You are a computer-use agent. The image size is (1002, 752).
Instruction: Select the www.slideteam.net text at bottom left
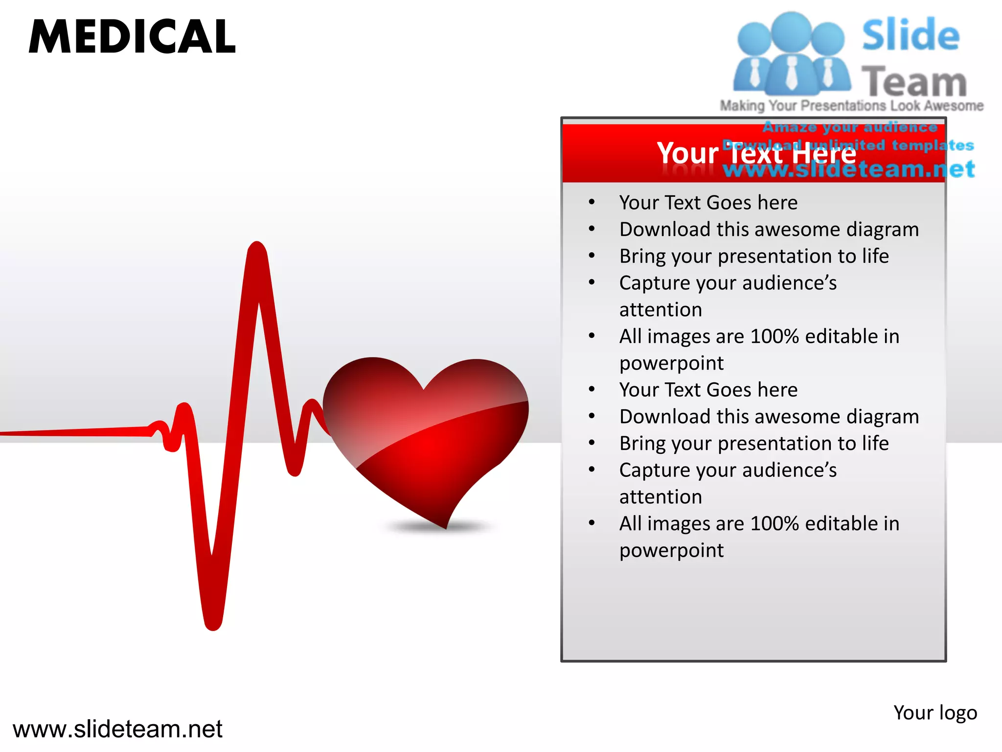(x=117, y=729)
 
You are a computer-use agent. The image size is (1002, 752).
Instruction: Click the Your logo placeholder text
(x=935, y=713)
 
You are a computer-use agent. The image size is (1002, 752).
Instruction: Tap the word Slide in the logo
(x=911, y=35)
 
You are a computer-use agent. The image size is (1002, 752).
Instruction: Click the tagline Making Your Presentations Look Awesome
(x=851, y=106)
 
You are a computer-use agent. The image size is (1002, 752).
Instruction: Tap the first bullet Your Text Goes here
(x=708, y=203)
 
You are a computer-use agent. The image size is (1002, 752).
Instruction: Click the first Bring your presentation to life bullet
(x=753, y=256)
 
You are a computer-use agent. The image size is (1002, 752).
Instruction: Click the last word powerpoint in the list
(x=671, y=551)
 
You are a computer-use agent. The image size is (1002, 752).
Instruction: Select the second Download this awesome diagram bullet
(x=769, y=417)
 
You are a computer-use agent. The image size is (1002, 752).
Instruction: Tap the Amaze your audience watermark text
(x=850, y=127)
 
